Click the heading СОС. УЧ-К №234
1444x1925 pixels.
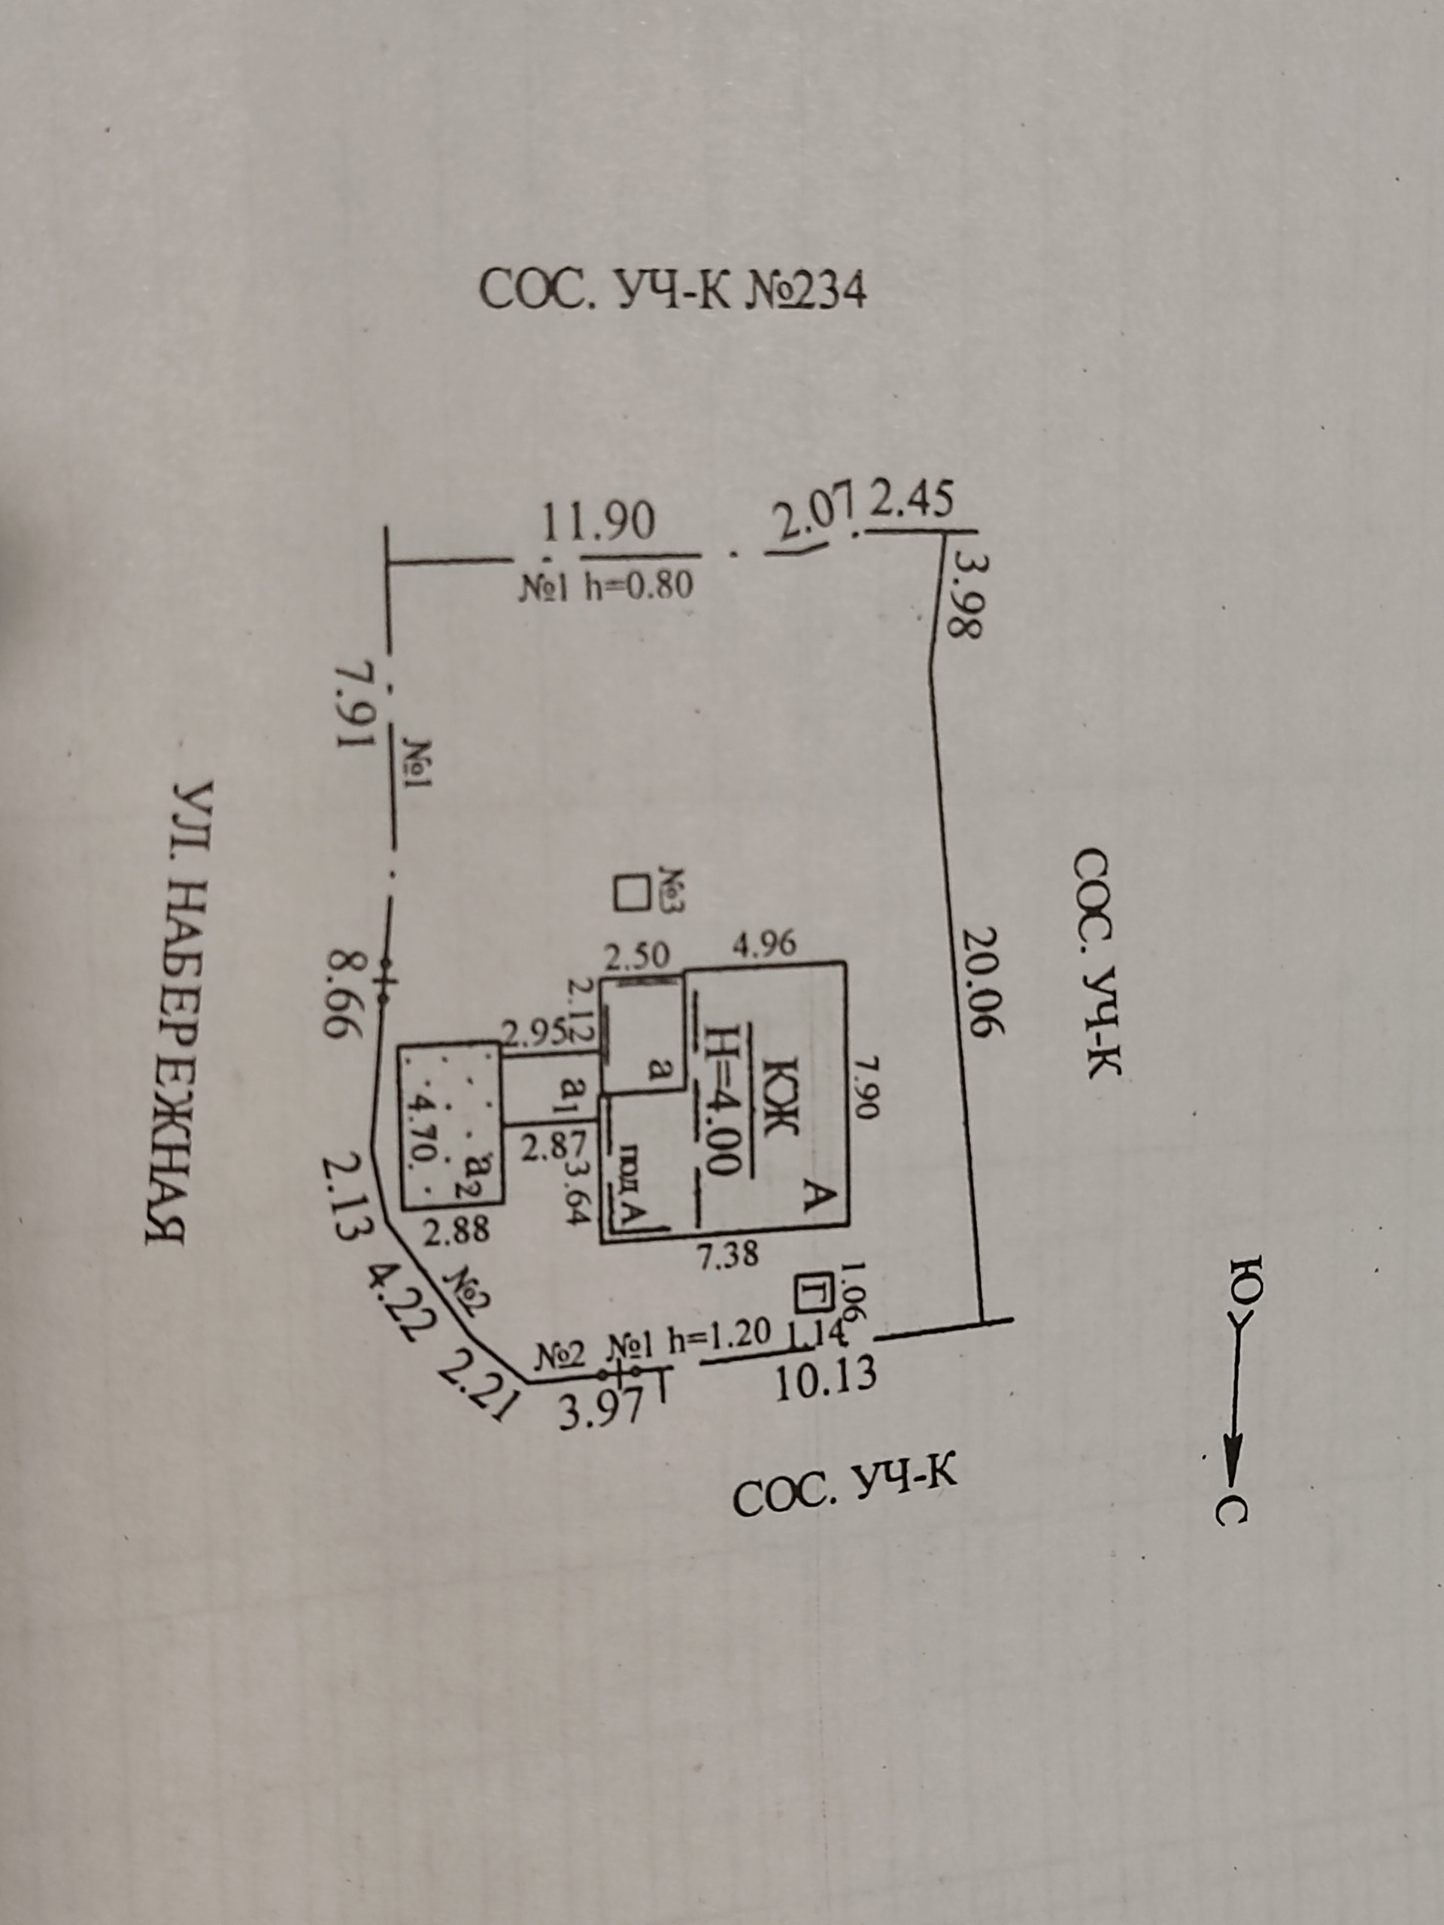pos(673,291)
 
